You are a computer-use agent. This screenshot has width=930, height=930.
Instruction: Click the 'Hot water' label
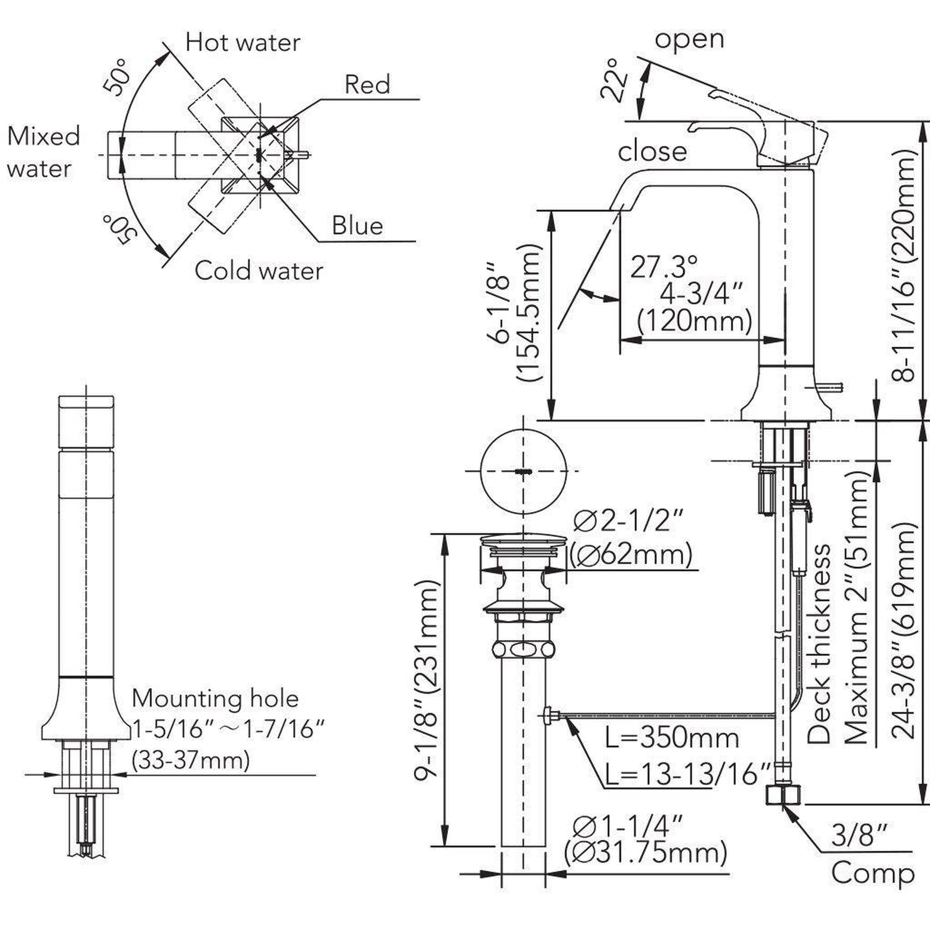click(243, 43)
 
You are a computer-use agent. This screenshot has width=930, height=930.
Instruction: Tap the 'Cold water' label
click(259, 270)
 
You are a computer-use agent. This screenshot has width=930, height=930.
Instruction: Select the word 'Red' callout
click(368, 85)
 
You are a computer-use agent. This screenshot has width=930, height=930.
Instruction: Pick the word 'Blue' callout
click(357, 226)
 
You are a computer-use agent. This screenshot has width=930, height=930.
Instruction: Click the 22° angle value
click(614, 80)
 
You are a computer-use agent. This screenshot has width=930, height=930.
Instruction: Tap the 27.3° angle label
click(664, 267)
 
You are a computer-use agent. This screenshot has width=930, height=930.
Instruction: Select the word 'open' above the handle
click(689, 39)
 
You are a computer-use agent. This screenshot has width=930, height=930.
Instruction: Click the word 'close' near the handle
click(652, 152)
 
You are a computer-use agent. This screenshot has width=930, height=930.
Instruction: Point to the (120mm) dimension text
click(694, 321)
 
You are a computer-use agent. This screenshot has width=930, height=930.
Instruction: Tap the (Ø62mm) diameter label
click(631, 555)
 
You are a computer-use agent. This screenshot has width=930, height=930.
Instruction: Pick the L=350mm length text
click(672, 738)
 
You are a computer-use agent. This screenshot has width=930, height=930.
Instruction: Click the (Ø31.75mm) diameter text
click(646, 853)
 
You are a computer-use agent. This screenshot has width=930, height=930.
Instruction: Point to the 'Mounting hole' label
click(215, 699)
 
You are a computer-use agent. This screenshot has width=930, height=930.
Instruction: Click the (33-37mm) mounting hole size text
click(191, 761)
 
